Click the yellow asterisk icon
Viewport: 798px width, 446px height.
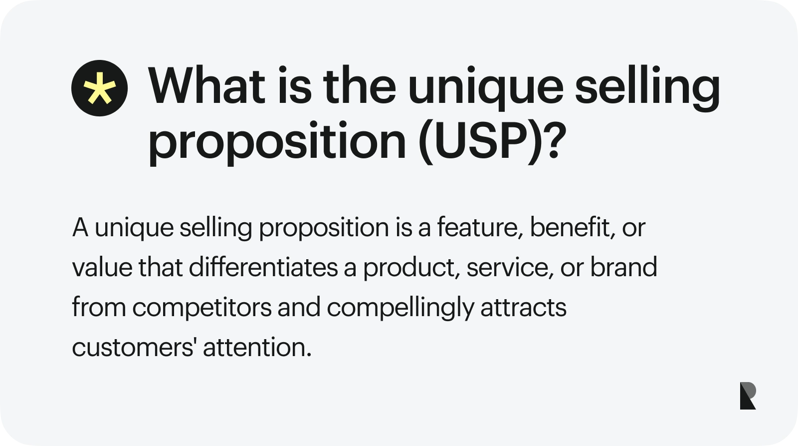(x=99, y=88)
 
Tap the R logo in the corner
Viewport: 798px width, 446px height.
(x=748, y=396)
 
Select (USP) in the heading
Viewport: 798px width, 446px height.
(x=480, y=141)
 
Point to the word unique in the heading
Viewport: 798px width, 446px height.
(x=486, y=87)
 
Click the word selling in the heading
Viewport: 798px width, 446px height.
(x=647, y=87)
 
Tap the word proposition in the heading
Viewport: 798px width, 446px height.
(x=277, y=141)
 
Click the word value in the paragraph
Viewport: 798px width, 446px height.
(x=102, y=268)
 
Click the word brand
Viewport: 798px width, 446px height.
(x=623, y=268)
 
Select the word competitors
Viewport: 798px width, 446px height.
(x=202, y=308)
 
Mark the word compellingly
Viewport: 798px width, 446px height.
(x=400, y=308)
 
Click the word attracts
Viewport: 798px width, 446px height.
(x=523, y=308)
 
